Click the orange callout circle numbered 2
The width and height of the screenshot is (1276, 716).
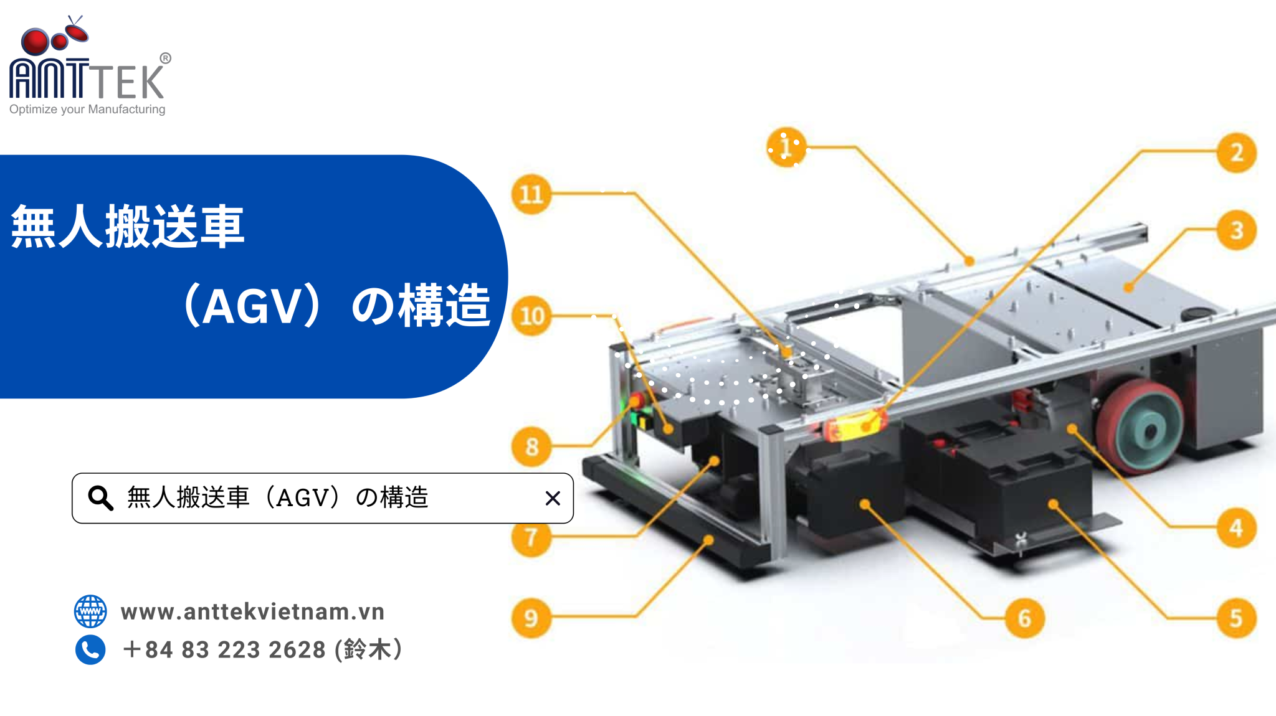point(1237,153)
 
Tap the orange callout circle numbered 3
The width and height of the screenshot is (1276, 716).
point(1237,230)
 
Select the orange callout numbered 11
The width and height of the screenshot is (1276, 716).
point(531,194)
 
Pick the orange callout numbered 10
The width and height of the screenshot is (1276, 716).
point(531,316)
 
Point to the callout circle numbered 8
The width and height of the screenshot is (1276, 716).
point(531,446)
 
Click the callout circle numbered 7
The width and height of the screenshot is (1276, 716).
point(531,537)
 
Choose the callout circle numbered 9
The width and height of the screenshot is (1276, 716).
point(531,618)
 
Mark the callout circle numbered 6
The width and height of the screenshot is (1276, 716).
point(1024,618)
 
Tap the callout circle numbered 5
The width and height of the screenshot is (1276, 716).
point(1237,618)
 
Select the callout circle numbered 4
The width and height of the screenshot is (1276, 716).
point(1237,528)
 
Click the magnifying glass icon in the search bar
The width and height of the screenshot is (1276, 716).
point(100,498)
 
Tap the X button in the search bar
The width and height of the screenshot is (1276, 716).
point(553,498)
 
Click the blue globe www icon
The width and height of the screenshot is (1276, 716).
point(90,611)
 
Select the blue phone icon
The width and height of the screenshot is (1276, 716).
point(90,650)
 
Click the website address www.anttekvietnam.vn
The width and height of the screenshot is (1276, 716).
point(252,611)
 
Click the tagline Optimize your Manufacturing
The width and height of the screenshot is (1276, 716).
point(87,110)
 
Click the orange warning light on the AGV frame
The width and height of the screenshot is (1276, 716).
point(854,427)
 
